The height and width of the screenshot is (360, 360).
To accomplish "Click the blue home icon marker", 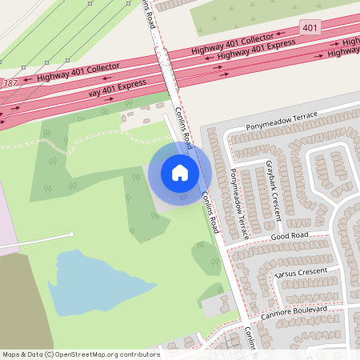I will pos(180,173).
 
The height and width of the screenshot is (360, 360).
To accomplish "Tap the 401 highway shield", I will pos(310,28).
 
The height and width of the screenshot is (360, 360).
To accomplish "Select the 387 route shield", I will pos(9,83).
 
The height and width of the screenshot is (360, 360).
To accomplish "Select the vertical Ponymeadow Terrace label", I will pos(238,204).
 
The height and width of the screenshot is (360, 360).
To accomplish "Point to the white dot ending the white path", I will pos(72,234).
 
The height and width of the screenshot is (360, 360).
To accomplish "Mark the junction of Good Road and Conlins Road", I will pos(226,247).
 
